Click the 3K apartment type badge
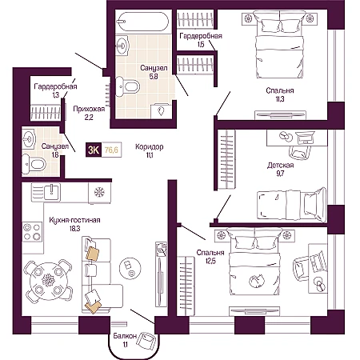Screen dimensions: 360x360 click(94, 150)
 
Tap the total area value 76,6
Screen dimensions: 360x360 click(111, 150)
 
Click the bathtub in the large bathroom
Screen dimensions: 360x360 click(142, 22)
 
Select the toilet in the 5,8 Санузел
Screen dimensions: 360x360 click(128, 86)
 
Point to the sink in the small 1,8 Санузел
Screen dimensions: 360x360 click(29, 138)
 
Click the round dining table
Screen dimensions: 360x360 click(48, 281)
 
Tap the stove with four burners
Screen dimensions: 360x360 click(32, 232)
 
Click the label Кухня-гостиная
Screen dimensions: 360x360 click(74, 220)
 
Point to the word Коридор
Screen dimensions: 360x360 click(150, 146)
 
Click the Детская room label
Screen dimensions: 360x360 click(280, 166)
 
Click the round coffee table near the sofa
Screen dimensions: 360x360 click(130, 269)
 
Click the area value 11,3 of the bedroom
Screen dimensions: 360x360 click(280, 99)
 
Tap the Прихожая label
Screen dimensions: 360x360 click(89, 109)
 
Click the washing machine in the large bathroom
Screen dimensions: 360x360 click(161, 111)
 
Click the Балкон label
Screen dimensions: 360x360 click(125, 336)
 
